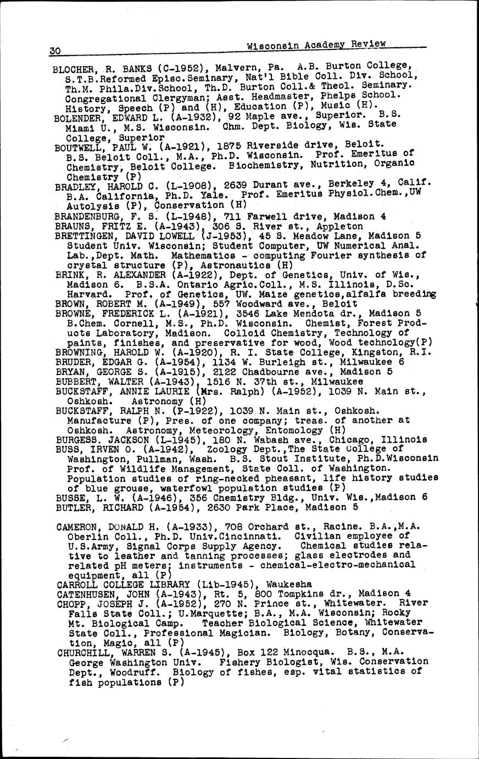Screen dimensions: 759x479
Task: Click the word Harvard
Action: click(85, 294)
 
